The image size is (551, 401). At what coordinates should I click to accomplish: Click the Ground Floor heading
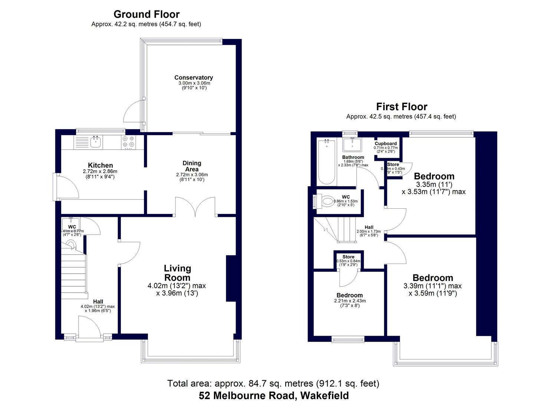(146, 14)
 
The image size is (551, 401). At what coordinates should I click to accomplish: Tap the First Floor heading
(401, 107)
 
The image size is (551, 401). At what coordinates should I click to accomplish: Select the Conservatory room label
(194, 78)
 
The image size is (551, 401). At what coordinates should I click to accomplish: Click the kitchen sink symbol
(96, 141)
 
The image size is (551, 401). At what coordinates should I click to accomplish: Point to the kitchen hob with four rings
(128, 142)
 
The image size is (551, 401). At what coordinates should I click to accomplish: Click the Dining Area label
(192, 166)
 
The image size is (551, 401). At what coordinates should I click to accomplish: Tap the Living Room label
(177, 273)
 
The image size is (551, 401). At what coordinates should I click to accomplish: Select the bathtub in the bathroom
(326, 162)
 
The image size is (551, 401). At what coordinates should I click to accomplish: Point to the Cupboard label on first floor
(386, 143)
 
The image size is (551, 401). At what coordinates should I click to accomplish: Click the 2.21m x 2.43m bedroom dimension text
(348, 301)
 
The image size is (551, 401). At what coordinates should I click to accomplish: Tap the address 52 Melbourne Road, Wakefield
(274, 395)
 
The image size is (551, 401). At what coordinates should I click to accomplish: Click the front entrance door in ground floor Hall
(89, 327)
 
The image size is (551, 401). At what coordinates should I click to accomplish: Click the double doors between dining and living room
(195, 206)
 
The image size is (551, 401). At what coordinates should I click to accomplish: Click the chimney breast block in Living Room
(231, 278)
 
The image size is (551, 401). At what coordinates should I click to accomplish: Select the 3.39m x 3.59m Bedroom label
(433, 278)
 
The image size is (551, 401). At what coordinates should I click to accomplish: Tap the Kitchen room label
(100, 165)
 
